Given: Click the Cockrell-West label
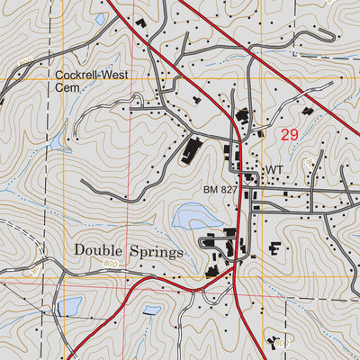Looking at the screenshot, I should coord(91,76).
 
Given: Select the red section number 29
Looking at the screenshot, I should coord(289,136).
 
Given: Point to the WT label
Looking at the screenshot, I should coord(274,169).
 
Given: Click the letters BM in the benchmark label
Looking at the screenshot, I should coord(211,191).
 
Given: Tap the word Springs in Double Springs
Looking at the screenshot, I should coord(158,253).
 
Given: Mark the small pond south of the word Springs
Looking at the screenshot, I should coord(152,310).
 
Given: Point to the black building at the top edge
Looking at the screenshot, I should coord(141,22).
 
